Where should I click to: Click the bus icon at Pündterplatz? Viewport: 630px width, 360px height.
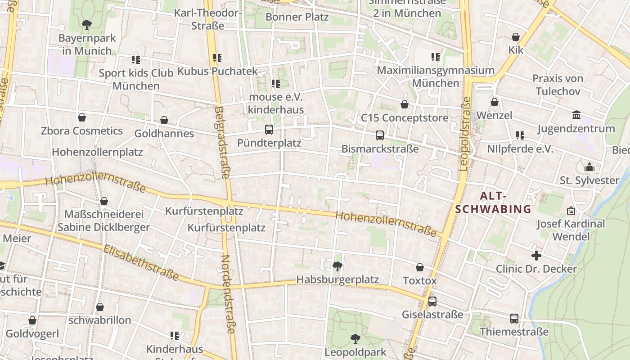click(269, 130)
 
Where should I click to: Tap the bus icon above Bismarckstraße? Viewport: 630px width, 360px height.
click(380, 135)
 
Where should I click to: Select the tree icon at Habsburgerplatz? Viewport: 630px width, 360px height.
click(337, 266)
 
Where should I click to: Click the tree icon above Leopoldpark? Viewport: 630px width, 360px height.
click(355, 338)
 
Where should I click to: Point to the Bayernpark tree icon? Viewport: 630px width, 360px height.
click(87, 24)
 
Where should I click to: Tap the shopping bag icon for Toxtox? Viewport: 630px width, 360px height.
click(420, 267)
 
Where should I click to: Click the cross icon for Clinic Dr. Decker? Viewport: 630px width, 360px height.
click(536, 256)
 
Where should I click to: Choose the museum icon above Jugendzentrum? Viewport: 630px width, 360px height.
click(576, 115)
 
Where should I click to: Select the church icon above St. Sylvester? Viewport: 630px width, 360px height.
click(589, 167)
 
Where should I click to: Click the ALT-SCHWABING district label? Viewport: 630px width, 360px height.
click(493, 202)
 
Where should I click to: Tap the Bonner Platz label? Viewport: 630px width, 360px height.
click(297, 17)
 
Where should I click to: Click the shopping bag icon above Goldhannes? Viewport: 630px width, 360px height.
click(164, 120)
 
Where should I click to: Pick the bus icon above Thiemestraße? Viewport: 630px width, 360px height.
click(514, 319)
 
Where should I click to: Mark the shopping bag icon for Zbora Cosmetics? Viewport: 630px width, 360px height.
click(82, 117)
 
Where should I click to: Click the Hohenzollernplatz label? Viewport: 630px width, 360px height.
click(97, 152)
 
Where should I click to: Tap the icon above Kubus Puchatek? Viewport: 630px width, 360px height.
click(217, 58)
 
